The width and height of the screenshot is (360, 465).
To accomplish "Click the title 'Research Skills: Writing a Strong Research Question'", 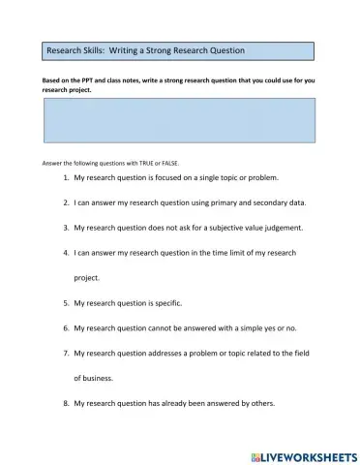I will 146,49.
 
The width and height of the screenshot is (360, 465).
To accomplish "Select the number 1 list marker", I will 66,179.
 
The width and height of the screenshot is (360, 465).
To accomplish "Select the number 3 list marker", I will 66,228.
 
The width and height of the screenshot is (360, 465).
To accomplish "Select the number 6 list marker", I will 66,328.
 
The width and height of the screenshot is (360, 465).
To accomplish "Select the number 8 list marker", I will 66,404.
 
